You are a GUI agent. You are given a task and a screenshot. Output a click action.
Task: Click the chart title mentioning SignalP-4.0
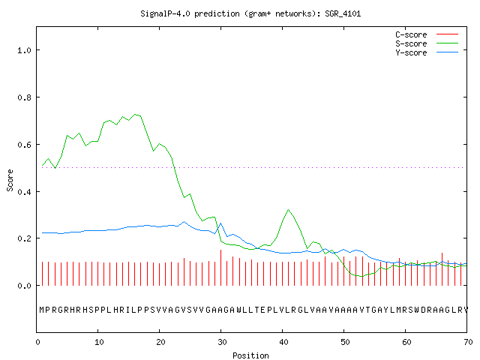(x=250, y=14)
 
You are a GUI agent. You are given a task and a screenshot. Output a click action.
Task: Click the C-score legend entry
(x=427, y=34)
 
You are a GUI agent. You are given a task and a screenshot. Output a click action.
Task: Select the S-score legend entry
(x=427, y=43)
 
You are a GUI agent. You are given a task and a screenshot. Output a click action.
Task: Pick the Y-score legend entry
(x=427, y=52)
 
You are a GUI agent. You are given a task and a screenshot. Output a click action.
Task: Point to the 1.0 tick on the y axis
(x=24, y=50)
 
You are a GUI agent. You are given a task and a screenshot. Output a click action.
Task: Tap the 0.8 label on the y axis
(x=24, y=97)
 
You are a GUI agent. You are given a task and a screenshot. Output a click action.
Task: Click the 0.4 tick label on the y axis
(x=24, y=192)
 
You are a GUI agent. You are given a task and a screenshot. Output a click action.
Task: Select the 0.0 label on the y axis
(x=24, y=286)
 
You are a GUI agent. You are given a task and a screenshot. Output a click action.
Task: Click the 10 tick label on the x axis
(x=98, y=342)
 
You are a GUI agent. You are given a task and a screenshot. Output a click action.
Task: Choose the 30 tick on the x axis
(x=222, y=342)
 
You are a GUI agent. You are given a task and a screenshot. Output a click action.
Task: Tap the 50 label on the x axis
(x=345, y=342)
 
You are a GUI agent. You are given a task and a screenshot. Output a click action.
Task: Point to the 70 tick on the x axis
(x=468, y=342)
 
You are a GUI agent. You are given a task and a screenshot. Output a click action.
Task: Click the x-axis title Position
(x=250, y=355)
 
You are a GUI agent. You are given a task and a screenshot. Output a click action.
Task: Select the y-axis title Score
(x=10, y=180)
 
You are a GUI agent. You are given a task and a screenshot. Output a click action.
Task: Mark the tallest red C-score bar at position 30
(x=221, y=268)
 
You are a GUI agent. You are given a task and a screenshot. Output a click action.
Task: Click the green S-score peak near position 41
(x=288, y=210)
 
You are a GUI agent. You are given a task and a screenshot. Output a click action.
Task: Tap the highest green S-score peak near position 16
(x=135, y=115)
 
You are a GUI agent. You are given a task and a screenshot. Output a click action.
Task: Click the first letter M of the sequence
(x=42, y=310)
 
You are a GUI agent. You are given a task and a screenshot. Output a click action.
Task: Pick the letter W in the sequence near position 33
(x=239, y=310)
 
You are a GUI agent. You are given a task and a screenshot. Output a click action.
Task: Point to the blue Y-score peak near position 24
(x=184, y=222)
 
